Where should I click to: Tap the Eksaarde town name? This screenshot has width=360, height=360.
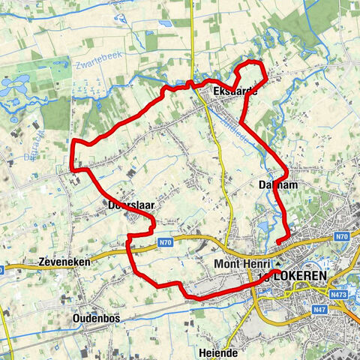coord(235,91)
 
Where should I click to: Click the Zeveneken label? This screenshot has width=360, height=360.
coord(63,263)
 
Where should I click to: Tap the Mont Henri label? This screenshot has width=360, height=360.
coord(242,264)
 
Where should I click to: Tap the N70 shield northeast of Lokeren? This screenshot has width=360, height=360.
coord(342,237)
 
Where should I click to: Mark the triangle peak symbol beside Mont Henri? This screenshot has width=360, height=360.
coord(277,264)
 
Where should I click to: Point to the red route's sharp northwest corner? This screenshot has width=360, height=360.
coord(73,141)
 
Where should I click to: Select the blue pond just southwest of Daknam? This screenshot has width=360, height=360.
coord(262,223)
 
